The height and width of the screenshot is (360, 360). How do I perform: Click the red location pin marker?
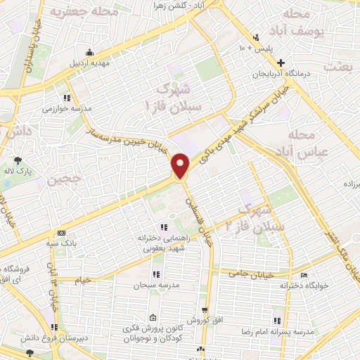[181, 165]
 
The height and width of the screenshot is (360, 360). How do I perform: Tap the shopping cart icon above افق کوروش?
[205, 309]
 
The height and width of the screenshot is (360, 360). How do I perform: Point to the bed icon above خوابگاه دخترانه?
[304, 276]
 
